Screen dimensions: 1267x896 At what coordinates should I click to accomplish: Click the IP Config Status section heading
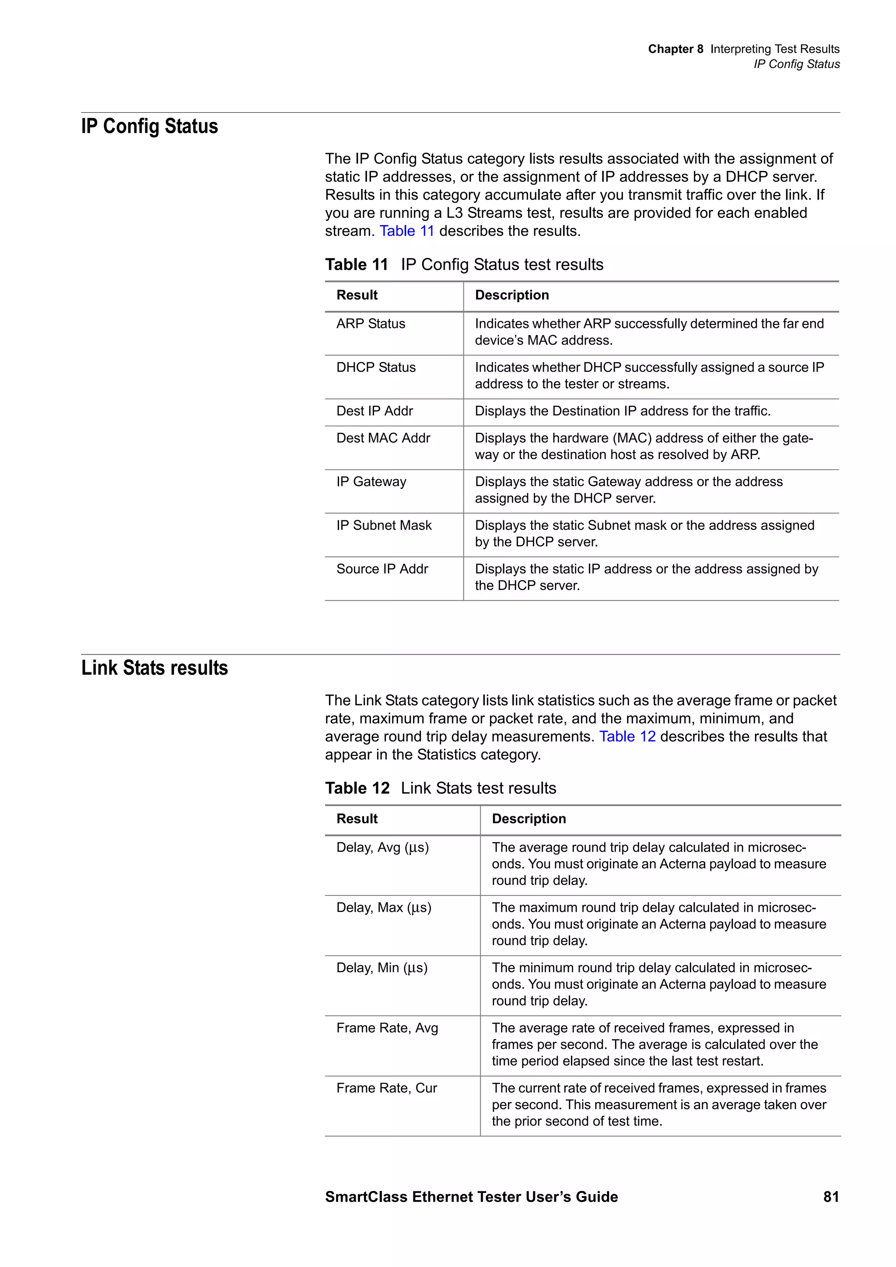click(150, 126)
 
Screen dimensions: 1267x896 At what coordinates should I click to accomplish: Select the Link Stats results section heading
click(154, 668)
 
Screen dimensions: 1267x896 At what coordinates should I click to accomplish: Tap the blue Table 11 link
click(407, 231)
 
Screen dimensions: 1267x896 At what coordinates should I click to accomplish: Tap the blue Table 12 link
click(627, 736)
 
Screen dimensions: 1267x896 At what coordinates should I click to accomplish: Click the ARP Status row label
click(371, 324)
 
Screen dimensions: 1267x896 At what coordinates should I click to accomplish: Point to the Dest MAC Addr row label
click(383, 438)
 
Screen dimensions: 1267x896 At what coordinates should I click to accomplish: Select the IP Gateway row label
click(371, 481)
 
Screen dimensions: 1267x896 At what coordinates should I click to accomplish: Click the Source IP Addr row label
click(382, 568)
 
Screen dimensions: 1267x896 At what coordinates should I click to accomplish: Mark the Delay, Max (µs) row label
click(384, 907)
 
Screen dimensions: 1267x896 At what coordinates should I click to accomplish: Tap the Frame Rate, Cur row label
click(386, 1088)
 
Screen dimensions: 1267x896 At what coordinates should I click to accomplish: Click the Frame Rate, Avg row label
click(387, 1027)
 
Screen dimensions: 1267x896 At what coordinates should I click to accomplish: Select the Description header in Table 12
click(529, 818)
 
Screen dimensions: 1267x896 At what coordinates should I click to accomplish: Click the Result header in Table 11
click(357, 295)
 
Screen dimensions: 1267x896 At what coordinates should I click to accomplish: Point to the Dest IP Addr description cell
click(623, 411)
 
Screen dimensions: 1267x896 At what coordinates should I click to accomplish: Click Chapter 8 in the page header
click(675, 49)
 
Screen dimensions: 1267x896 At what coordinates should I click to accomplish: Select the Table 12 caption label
click(357, 788)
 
